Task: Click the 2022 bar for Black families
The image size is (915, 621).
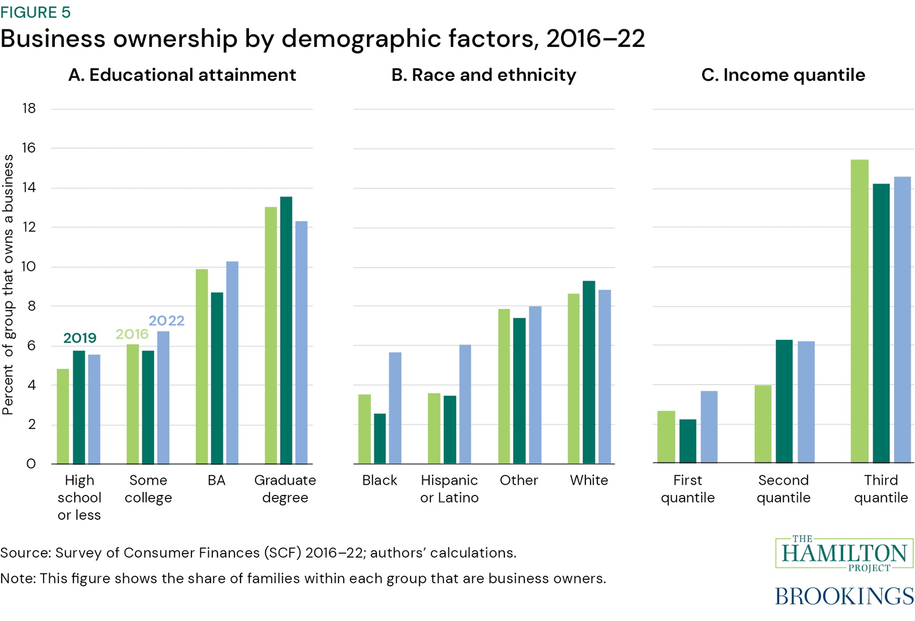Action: coord(395,408)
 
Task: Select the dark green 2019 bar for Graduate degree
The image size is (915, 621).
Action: coord(286,330)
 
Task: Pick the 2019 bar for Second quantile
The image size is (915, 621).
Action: coord(784,402)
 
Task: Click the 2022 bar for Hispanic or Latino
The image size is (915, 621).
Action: coord(465,404)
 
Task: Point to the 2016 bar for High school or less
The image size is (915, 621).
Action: coord(63,416)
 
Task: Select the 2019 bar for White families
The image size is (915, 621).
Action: coord(589,372)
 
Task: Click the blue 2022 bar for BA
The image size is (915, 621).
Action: coord(232,363)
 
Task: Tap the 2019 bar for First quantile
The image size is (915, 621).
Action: coord(687,441)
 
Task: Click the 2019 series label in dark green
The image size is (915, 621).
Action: coord(80,338)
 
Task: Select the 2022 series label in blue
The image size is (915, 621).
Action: coord(166,321)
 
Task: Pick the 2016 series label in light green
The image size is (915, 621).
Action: coord(132,334)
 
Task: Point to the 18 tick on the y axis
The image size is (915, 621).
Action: coord(29,109)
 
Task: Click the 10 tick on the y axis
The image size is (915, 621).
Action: coord(29,266)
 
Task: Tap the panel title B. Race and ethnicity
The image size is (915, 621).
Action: coord(484,75)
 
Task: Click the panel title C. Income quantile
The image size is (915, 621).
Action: coord(783,75)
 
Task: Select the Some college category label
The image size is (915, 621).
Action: coord(148,489)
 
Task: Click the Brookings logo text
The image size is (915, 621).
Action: coord(844,596)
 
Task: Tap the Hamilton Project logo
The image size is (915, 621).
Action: coord(844,553)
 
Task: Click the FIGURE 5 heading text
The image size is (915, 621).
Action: coord(35,12)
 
